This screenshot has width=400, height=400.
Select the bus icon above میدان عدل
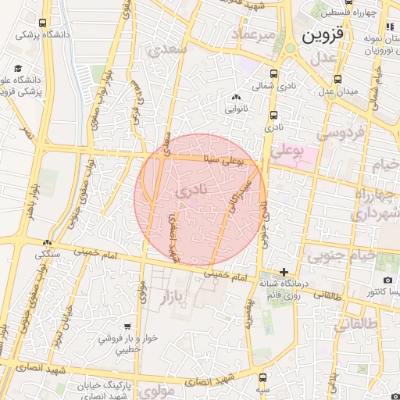pos(337,79)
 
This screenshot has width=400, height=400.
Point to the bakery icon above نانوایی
pos(237,97)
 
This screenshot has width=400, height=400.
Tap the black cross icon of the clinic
pos(284,271)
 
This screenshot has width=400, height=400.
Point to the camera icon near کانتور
pos(387,280)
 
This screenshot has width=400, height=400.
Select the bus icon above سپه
pos(261,377)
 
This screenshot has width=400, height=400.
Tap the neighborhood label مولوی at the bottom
pos(159,391)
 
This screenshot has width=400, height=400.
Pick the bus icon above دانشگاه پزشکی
pos(41,23)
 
